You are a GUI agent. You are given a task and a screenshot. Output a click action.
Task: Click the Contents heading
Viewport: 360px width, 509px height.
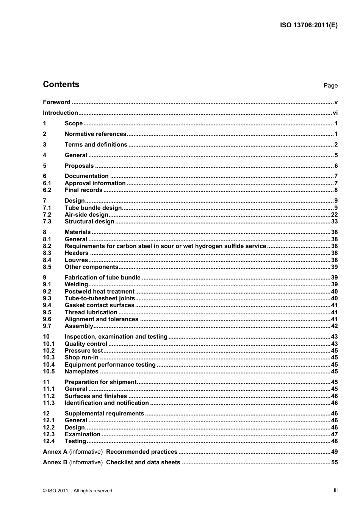61,84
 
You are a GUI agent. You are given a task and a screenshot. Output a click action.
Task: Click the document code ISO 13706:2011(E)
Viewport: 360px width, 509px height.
308,25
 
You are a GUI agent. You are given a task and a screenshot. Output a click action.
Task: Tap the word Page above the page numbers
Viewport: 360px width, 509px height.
330,86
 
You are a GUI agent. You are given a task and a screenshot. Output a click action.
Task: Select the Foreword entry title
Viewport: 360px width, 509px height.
56,102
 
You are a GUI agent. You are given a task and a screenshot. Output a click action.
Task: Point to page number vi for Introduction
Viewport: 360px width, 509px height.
335,113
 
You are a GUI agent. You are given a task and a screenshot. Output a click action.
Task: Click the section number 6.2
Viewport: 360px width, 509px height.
47,190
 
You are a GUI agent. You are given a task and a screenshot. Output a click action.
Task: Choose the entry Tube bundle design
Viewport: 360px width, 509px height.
93,208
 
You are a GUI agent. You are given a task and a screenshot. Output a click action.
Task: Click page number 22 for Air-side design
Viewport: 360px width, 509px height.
334,215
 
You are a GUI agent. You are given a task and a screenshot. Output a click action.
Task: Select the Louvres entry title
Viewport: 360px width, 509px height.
76,260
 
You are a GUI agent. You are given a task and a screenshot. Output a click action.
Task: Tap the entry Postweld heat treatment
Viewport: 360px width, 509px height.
99,292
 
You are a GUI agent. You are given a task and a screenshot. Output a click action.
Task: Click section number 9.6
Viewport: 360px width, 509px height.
47,319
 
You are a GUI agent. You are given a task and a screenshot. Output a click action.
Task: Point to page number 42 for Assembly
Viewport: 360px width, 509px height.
334,326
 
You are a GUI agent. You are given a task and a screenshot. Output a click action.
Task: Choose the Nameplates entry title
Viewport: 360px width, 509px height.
81,372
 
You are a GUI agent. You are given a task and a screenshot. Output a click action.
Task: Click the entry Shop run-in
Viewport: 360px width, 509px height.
81,358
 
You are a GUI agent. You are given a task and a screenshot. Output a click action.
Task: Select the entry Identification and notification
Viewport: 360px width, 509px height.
106,403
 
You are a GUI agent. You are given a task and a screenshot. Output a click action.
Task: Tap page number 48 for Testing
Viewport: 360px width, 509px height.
334,441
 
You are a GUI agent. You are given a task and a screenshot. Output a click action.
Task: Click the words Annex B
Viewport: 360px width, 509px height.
55,462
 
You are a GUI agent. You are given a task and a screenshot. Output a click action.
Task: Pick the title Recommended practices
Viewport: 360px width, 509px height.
142,452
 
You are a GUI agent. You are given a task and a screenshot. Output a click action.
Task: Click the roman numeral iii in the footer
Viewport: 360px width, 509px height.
335,490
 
